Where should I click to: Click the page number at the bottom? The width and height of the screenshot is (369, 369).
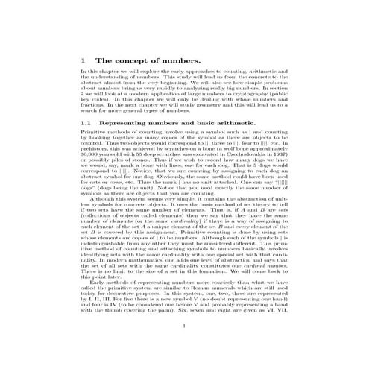[183, 347]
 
